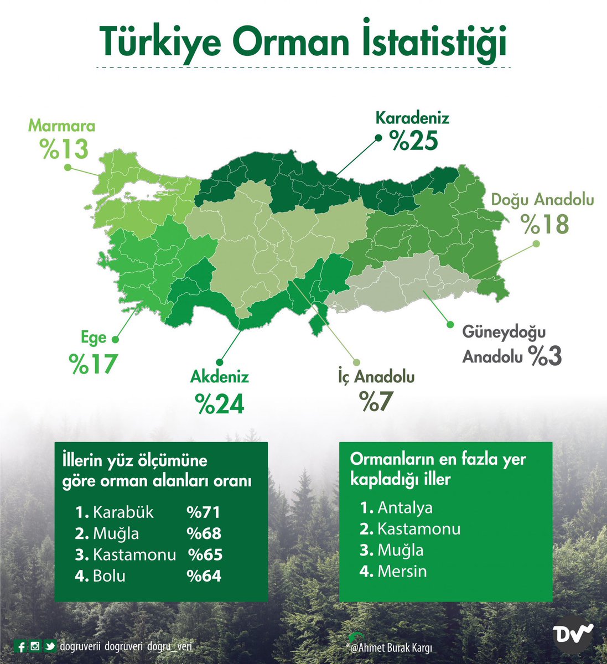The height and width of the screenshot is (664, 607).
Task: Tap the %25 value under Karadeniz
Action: (414, 141)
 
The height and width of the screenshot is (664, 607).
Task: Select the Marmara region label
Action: (62, 126)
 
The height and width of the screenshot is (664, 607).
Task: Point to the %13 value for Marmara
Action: (64, 148)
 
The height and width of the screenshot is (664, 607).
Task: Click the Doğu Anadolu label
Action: (543, 199)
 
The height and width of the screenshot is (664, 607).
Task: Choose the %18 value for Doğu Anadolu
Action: (544, 224)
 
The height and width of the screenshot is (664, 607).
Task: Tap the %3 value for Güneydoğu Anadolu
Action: (545, 356)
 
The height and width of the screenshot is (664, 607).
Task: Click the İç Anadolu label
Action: (376, 377)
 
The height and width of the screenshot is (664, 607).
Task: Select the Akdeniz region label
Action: (220, 377)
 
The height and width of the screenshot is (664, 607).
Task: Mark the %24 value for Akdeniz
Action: (220, 403)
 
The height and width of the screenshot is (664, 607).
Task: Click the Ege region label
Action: (93, 338)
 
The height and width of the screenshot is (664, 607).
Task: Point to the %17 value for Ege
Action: (93, 363)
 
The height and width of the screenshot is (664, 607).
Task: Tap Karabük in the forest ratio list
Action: (123, 512)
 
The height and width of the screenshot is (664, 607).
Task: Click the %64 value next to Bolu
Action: (204, 576)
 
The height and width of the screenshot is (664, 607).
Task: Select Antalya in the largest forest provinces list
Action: (404, 507)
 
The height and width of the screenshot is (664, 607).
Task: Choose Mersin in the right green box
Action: (402, 570)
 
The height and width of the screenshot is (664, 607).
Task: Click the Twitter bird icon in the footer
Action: (50, 646)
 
